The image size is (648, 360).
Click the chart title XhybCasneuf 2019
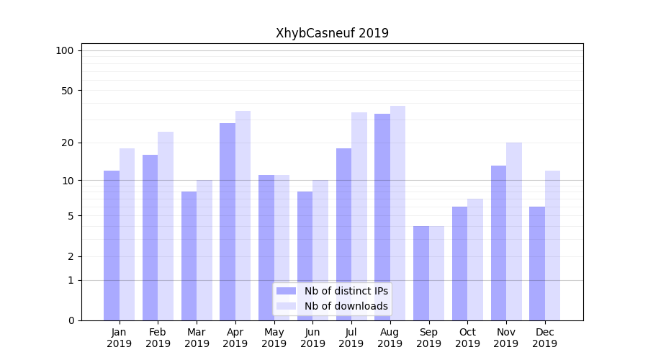(x=332, y=33)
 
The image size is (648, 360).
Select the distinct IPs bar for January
(x=112, y=245)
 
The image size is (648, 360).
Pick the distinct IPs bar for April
(x=228, y=221)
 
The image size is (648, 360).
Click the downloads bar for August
(x=397, y=212)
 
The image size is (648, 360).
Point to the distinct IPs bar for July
(x=343, y=234)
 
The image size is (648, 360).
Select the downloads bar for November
(x=513, y=230)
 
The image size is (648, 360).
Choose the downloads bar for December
(x=552, y=245)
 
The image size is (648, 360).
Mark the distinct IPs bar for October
(x=459, y=263)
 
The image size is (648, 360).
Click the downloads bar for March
(x=204, y=250)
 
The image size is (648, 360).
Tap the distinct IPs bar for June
(x=305, y=256)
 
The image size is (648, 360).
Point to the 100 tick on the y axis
(x=65, y=50)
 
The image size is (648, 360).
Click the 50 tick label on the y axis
(x=68, y=91)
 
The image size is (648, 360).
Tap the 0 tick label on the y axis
(x=71, y=320)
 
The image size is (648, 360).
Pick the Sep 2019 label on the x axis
(x=428, y=338)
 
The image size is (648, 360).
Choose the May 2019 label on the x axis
(x=274, y=338)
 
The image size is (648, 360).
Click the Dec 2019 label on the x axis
(x=544, y=338)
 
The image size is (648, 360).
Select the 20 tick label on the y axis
(x=68, y=143)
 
